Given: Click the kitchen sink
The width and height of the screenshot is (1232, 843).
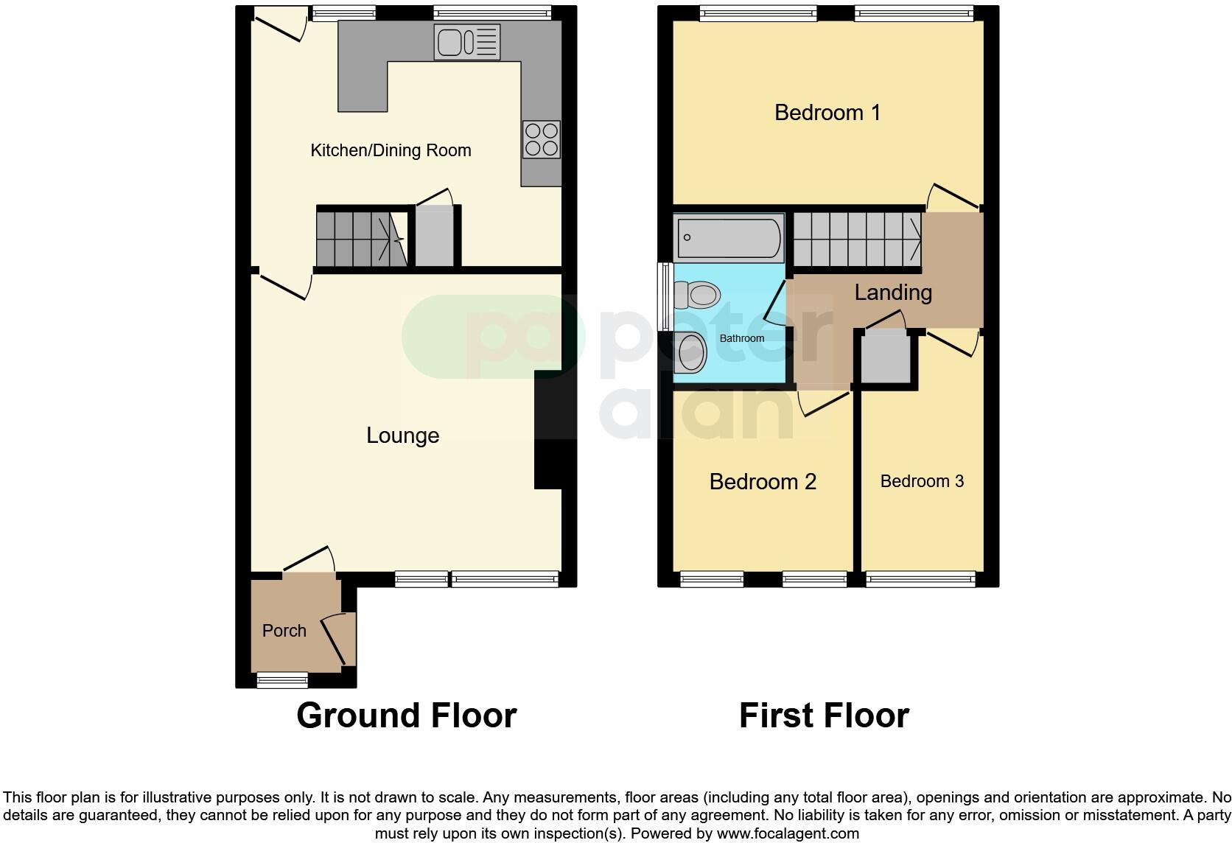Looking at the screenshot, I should pyautogui.click(x=466, y=42).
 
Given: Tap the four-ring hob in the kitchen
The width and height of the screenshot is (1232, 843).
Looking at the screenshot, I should pyautogui.click(x=542, y=139).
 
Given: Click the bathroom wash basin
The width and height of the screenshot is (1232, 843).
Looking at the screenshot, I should pyautogui.click(x=691, y=352).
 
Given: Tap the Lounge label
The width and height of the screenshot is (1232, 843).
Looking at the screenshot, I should pyautogui.click(x=402, y=436).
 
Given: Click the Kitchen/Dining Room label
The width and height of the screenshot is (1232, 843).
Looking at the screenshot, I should pyautogui.click(x=391, y=150).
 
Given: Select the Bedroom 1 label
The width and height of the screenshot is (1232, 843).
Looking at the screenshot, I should pyautogui.click(x=827, y=113).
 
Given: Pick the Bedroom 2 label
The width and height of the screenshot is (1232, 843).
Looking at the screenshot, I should pyautogui.click(x=763, y=482).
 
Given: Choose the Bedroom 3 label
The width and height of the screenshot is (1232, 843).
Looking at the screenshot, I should pyautogui.click(x=922, y=481).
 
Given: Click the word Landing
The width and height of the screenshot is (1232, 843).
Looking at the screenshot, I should pyautogui.click(x=893, y=293).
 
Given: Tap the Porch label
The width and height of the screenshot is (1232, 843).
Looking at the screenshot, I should pyautogui.click(x=284, y=631).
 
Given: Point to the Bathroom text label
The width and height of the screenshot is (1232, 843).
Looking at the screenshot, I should pyautogui.click(x=742, y=338).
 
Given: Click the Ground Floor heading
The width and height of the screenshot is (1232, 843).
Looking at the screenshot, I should pyautogui.click(x=406, y=716).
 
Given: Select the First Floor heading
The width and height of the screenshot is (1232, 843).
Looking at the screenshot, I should pyautogui.click(x=824, y=716).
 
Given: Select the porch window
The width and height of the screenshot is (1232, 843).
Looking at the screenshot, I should pyautogui.click(x=282, y=680).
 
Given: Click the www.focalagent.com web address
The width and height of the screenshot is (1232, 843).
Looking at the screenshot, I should pyautogui.click(x=788, y=833).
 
